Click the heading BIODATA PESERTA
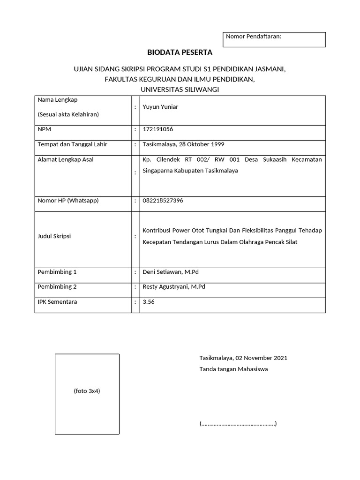click(180, 52)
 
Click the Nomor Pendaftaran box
click(274, 39)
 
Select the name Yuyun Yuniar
click(160, 107)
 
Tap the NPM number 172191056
click(154, 129)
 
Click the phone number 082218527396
click(163, 201)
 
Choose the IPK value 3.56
click(149, 302)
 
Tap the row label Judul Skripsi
click(54, 236)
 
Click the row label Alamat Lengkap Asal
click(66, 159)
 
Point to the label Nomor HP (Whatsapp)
click(68, 201)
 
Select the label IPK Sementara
click(57, 302)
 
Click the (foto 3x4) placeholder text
click(87, 391)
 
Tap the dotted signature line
click(238, 424)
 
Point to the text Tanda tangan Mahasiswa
click(233, 369)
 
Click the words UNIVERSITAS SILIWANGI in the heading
click(180, 89)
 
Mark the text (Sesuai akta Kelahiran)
click(68, 114)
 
